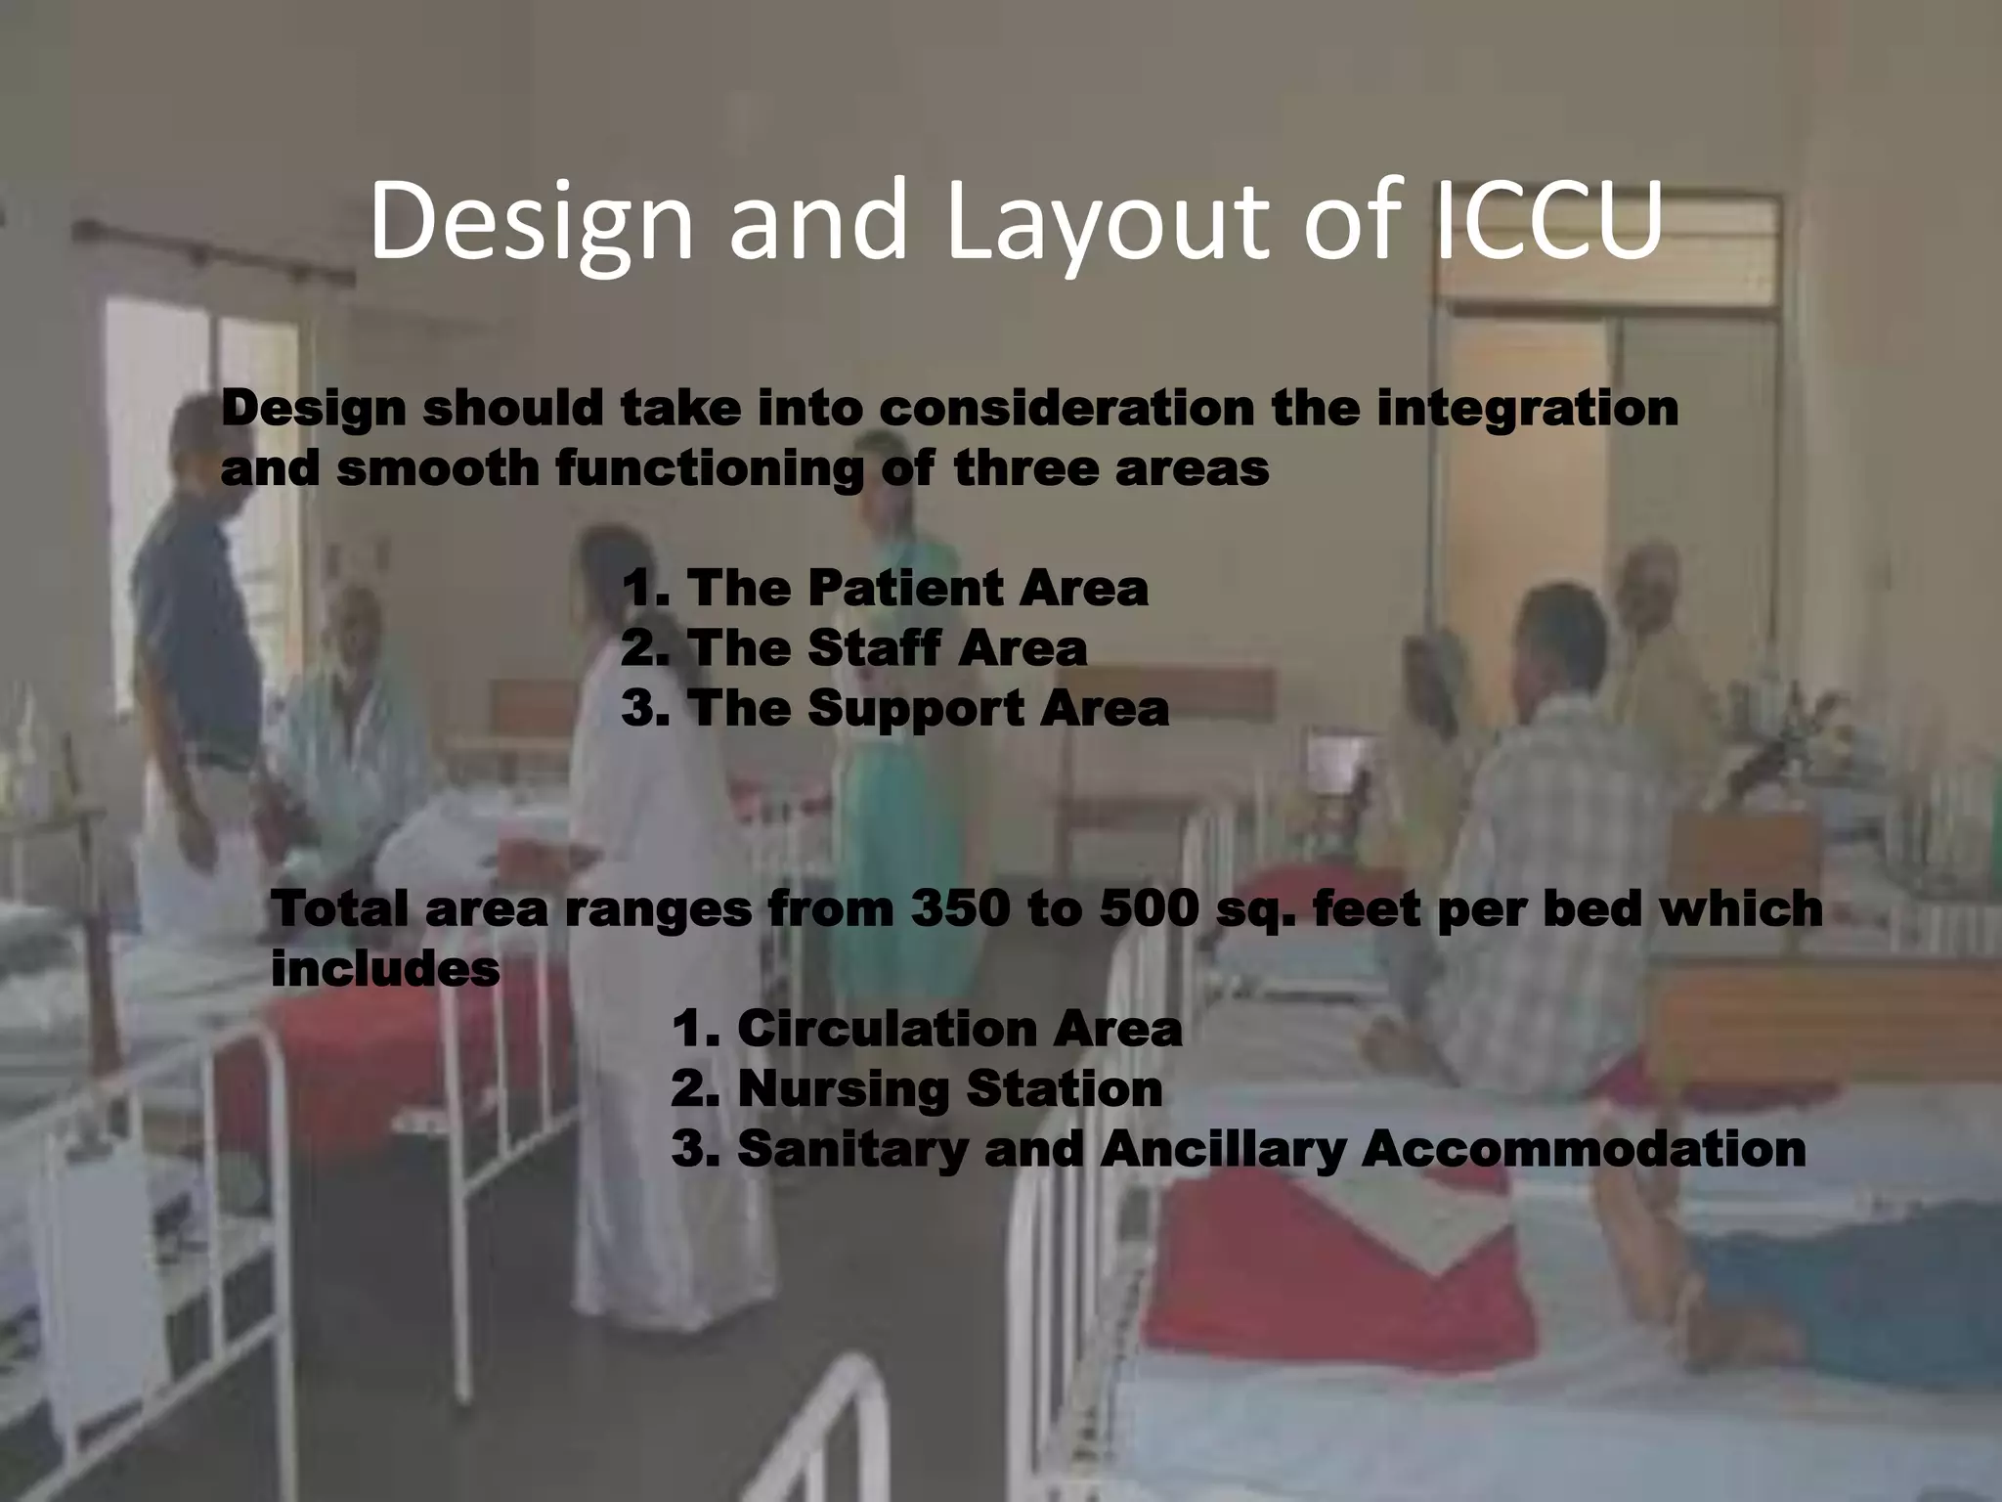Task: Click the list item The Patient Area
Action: (x=885, y=589)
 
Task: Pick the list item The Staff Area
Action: (x=854, y=648)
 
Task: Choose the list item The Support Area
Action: (x=894, y=708)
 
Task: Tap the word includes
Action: (x=385, y=969)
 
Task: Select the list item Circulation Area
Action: (x=927, y=1029)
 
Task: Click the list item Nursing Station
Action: (x=917, y=1088)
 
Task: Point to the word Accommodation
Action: (x=1584, y=1149)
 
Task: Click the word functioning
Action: (x=710, y=469)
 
